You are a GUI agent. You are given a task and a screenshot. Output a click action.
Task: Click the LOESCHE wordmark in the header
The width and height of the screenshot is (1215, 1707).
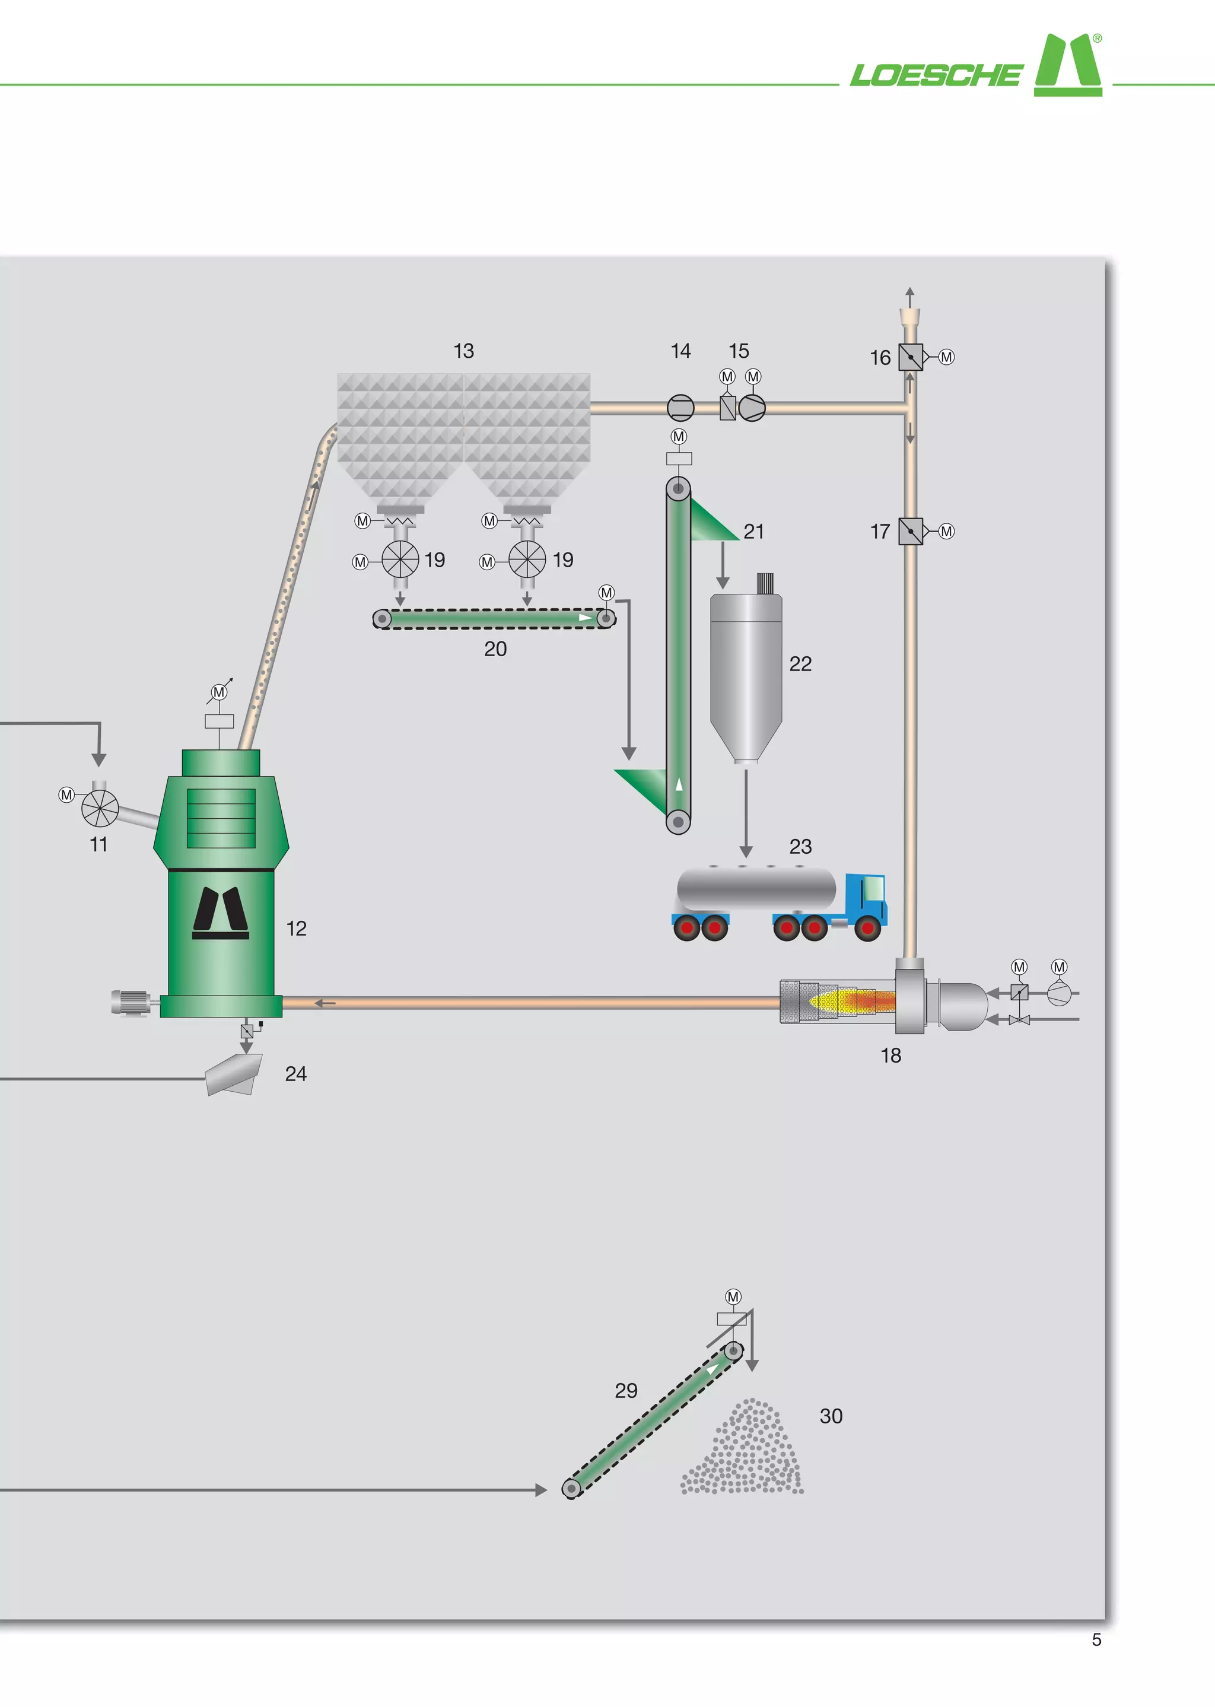pos(935,75)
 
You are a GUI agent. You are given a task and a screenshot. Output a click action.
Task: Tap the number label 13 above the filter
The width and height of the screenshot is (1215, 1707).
pos(463,351)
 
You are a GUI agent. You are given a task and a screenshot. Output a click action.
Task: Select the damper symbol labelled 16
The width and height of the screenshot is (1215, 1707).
pos(909,357)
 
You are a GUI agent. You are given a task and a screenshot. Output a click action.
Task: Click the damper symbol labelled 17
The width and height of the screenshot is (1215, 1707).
pos(909,531)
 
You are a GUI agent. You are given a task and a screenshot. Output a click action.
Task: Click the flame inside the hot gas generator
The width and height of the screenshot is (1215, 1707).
pos(853,1001)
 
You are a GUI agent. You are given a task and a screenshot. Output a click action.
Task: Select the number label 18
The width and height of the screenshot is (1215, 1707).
pos(890,1056)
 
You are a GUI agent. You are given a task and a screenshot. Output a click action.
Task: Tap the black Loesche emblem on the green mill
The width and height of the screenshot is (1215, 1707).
pos(221,913)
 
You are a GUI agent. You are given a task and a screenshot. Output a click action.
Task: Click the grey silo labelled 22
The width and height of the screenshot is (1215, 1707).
pos(746,673)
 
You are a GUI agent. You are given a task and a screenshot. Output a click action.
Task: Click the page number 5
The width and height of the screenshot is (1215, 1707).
pos(1096,1640)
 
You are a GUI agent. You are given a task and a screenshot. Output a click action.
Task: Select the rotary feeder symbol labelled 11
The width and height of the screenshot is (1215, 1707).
pos(100,809)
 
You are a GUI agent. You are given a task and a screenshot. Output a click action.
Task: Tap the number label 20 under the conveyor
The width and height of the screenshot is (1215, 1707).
pos(495,649)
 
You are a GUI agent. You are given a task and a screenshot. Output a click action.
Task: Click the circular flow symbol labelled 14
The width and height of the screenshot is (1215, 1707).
pos(680,408)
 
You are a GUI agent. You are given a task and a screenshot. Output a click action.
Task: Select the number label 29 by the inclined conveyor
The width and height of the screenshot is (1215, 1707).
pos(626,1391)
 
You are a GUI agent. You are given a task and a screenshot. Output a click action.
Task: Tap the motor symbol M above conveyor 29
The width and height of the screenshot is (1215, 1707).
pos(733,1296)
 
